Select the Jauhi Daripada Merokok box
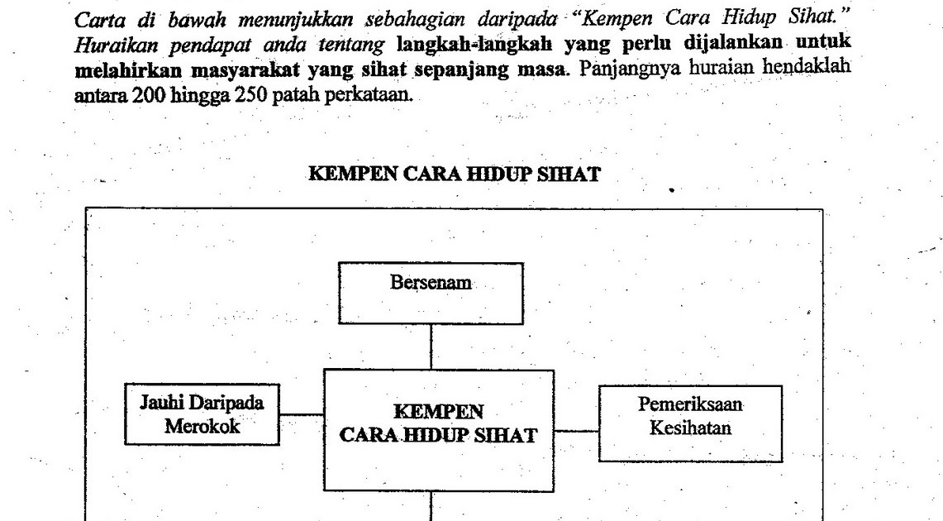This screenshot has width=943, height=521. [x=201, y=413]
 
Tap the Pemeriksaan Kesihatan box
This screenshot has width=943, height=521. [x=690, y=423]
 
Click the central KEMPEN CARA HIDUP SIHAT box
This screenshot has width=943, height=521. [x=438, y=430]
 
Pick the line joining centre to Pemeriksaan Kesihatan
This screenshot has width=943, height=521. [x=576, y=431]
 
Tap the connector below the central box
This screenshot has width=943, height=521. [x=431, y=506]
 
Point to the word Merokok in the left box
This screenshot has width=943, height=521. [x=202, y=426]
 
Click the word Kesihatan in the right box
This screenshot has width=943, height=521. [x=690, y=429]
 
